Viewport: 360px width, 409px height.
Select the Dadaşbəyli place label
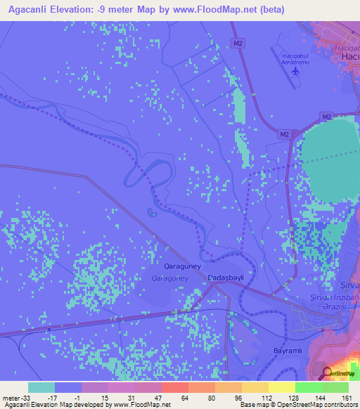(226, 278)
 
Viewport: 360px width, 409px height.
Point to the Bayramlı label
(286, 350)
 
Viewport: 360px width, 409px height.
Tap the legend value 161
(347, 397)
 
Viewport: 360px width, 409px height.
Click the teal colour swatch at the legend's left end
(41, 387)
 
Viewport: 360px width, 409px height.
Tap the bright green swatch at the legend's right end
(335, 387)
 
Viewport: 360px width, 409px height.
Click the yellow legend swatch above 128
(282, 387)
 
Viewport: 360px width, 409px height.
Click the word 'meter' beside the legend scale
(9, 397)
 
